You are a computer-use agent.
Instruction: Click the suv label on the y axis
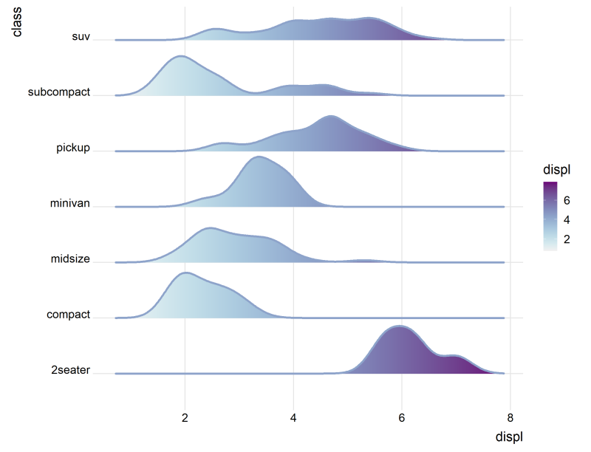[x=81, y=37]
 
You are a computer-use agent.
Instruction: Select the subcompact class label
[x=58, y=92]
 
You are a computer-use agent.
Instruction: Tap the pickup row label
[x=73, y=148]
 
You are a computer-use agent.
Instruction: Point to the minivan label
[x=69, y=203]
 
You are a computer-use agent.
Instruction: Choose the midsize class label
[x=70, y=259]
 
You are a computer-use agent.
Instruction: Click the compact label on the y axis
[x=68, y=315]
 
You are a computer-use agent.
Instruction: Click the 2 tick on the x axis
[x=185, y=417]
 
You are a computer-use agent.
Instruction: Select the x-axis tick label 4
[x=293, y=417]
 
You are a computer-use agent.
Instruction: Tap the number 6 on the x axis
[x=401, y=417]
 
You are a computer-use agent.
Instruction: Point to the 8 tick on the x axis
[x=510, y=417]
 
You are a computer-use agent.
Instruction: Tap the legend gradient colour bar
[x=550, y=216]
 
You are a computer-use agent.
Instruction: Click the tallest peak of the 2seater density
[x=400, y=326]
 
